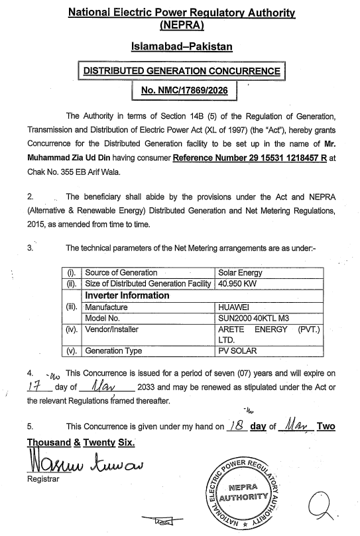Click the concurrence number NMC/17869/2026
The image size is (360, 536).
pyautogui.click(x=181, y=91)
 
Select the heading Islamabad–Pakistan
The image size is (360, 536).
pyautogui.click(x=180, y=48)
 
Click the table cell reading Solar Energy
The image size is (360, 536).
pyautogui.click(x=240, y=272)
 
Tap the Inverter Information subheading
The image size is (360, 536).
pyautogui.click(x=126, y=295)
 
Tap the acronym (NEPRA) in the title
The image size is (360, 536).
pyautogui.click(x=180, y=25)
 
